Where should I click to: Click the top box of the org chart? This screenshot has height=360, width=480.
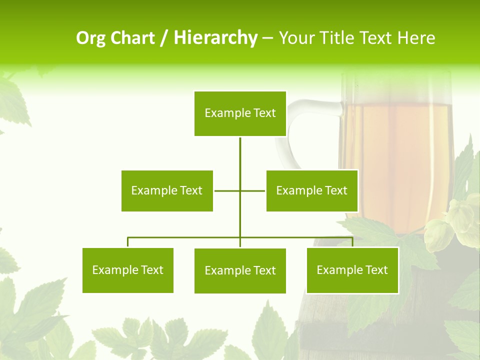[240, 113]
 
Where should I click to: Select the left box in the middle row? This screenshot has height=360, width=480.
[167, 190]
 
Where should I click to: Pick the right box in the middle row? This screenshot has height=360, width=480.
[312, 190]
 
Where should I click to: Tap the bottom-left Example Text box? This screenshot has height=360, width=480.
[128, 270]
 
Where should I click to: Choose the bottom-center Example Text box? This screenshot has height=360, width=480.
[240, 270]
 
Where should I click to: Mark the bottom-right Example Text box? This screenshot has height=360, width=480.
[352, 270]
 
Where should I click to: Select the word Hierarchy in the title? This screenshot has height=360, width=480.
[215, 38]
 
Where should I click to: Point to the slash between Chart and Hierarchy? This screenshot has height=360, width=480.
[164, 38]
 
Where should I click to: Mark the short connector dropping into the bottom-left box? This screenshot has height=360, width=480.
[128, 242]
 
